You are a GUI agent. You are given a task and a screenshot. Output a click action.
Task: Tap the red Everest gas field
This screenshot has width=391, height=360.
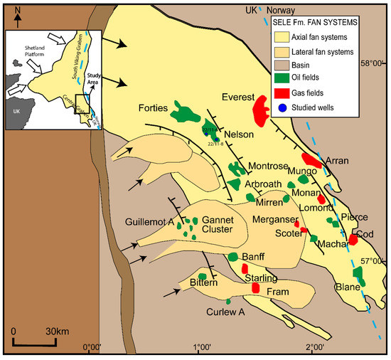point(262,111)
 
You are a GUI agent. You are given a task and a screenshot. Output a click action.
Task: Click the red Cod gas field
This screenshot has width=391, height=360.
point(353,240)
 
